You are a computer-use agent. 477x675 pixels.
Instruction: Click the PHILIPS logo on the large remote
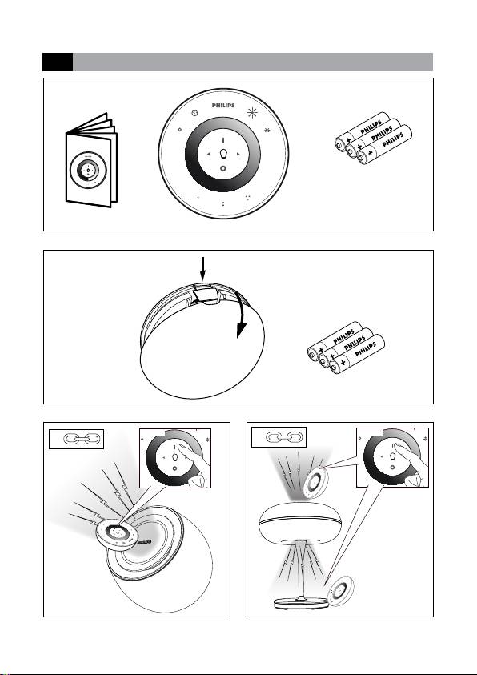[223, 106]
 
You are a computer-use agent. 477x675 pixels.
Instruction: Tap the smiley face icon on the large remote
[194, 113]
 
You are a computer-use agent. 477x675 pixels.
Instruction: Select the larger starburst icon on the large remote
[251, 113]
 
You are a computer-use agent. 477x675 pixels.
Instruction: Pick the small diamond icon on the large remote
[180, 129]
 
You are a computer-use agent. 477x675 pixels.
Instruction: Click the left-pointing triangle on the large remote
[209, 154]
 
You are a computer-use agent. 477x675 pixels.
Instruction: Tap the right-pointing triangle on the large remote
[238, 154]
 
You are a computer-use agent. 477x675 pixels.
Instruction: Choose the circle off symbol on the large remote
[223, 168]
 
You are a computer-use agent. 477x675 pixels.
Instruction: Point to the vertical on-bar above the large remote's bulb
[223, 140]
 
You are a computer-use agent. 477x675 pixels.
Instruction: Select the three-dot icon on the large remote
[248, 198]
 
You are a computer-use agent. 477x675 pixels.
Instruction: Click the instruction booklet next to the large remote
[91, 161]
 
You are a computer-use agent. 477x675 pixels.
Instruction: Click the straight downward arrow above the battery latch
[203, 268]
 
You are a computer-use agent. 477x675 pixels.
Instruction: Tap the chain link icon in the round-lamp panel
[82, 439]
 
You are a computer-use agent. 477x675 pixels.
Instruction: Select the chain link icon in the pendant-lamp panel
[285, 438]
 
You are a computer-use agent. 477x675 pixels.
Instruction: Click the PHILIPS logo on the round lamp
[144, 542]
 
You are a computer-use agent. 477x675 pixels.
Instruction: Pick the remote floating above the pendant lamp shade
[315, 481]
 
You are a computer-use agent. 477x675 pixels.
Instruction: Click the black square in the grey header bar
[58, 62]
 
